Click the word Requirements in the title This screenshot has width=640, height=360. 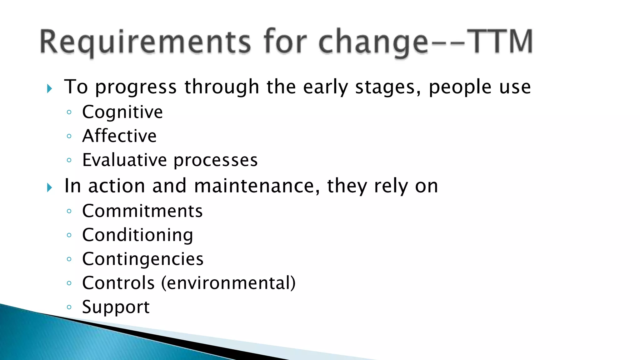tap(145, 42)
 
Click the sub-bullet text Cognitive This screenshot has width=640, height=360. tap(122, 112)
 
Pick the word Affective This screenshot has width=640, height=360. tap(119, 136)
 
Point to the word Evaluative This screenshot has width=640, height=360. tap(124, 160)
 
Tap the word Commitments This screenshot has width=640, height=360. tap(142, 211)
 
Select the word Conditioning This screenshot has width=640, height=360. tap(137, 235)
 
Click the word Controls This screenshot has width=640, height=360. tap(118, 283)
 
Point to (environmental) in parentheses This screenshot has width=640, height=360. tap(228, 283)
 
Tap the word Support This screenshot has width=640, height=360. tap(116, 307)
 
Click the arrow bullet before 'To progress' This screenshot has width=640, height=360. tap(49, 88)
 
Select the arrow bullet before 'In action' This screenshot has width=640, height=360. tap(49, 187)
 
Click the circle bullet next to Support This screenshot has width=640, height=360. tap(69, 307)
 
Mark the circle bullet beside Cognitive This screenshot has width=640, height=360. tap(69, 112)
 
